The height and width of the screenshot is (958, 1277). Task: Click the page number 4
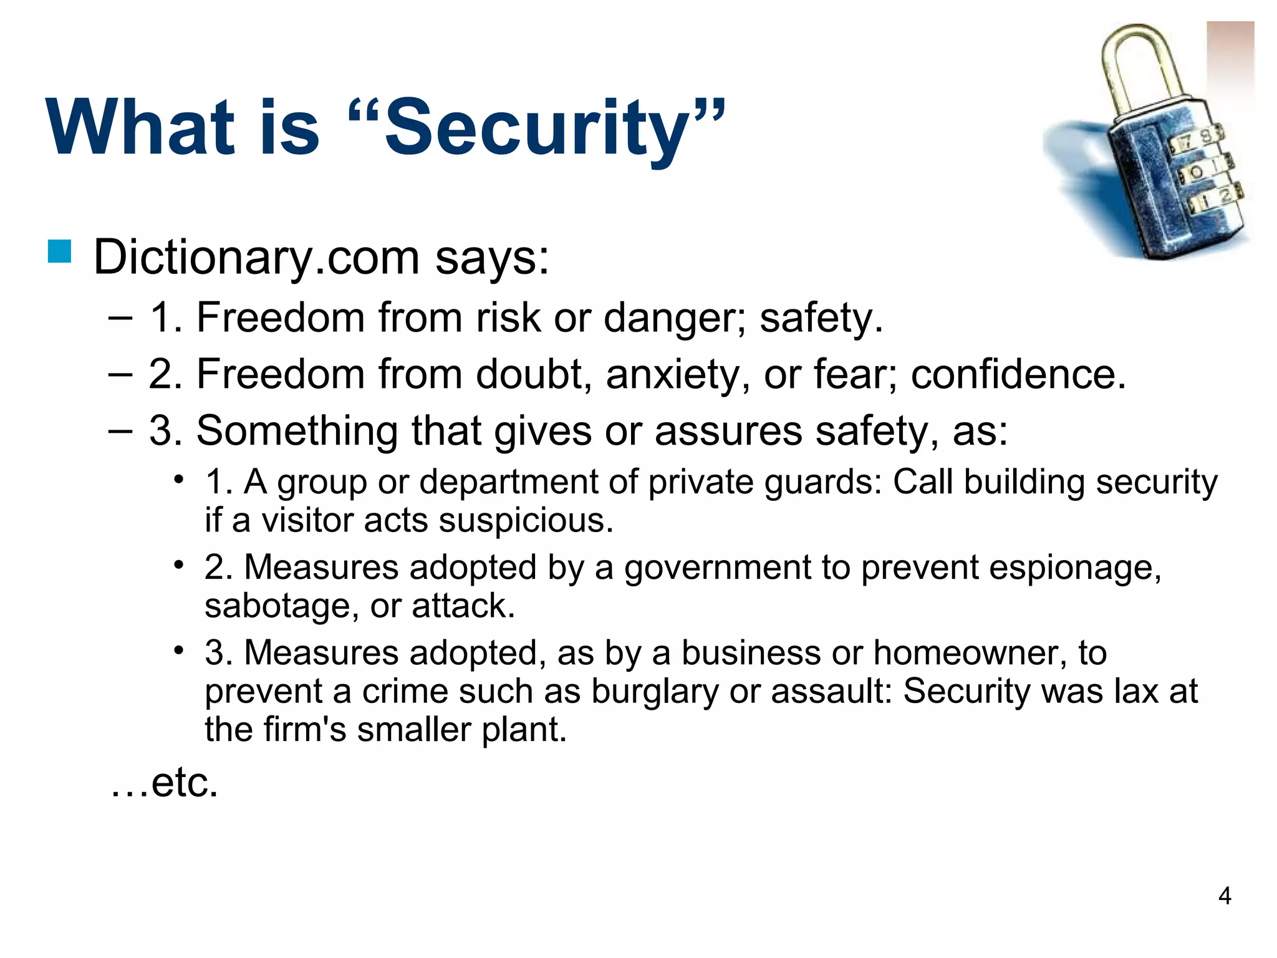pyautogui.click(x=1224, y=896)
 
